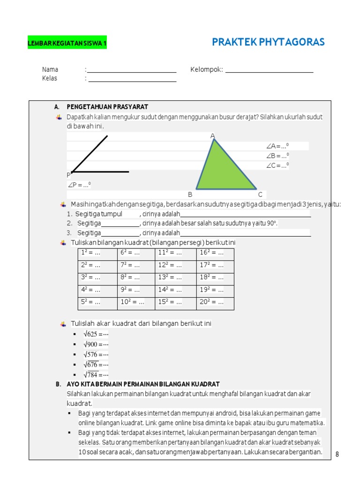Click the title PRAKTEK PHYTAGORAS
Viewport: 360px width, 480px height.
pos(268,42)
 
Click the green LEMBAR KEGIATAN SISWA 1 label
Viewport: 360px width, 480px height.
pos(67,44)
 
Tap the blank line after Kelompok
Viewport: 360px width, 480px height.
pos(269,71)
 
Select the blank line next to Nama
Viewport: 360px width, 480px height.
pos(132,71)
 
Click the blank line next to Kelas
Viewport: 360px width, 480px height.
pos(132,79)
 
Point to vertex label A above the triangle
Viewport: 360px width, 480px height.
pos(212,136)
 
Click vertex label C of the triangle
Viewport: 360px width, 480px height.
pos(260,195)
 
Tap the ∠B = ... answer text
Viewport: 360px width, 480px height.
pos(277,156)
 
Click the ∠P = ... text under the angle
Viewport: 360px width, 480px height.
pos(79,185)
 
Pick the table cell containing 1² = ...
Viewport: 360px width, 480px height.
pos(97,253)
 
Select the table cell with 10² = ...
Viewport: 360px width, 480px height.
pos(136,302)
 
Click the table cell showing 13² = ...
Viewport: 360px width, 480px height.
pos(175,277)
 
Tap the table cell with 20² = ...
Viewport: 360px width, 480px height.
pos(215,302)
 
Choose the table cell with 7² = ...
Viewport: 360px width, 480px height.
pos(136,265)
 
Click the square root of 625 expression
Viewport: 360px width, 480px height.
pos(96,334)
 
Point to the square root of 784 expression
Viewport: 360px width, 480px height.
pos(96,375)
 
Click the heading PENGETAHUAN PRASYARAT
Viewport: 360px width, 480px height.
pos(107,107)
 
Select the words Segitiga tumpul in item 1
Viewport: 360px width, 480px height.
pos(99,214)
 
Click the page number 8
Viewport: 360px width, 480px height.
pos(337,454)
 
